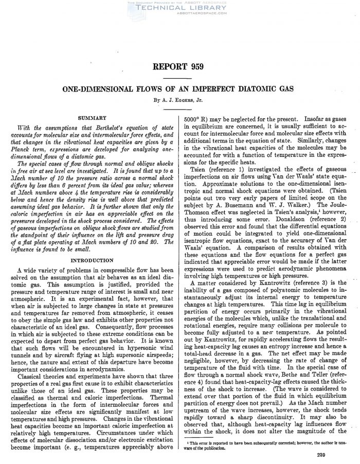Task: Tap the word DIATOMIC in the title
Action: (x=259, y=88)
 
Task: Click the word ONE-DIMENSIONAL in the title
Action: (x=102, y=88)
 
